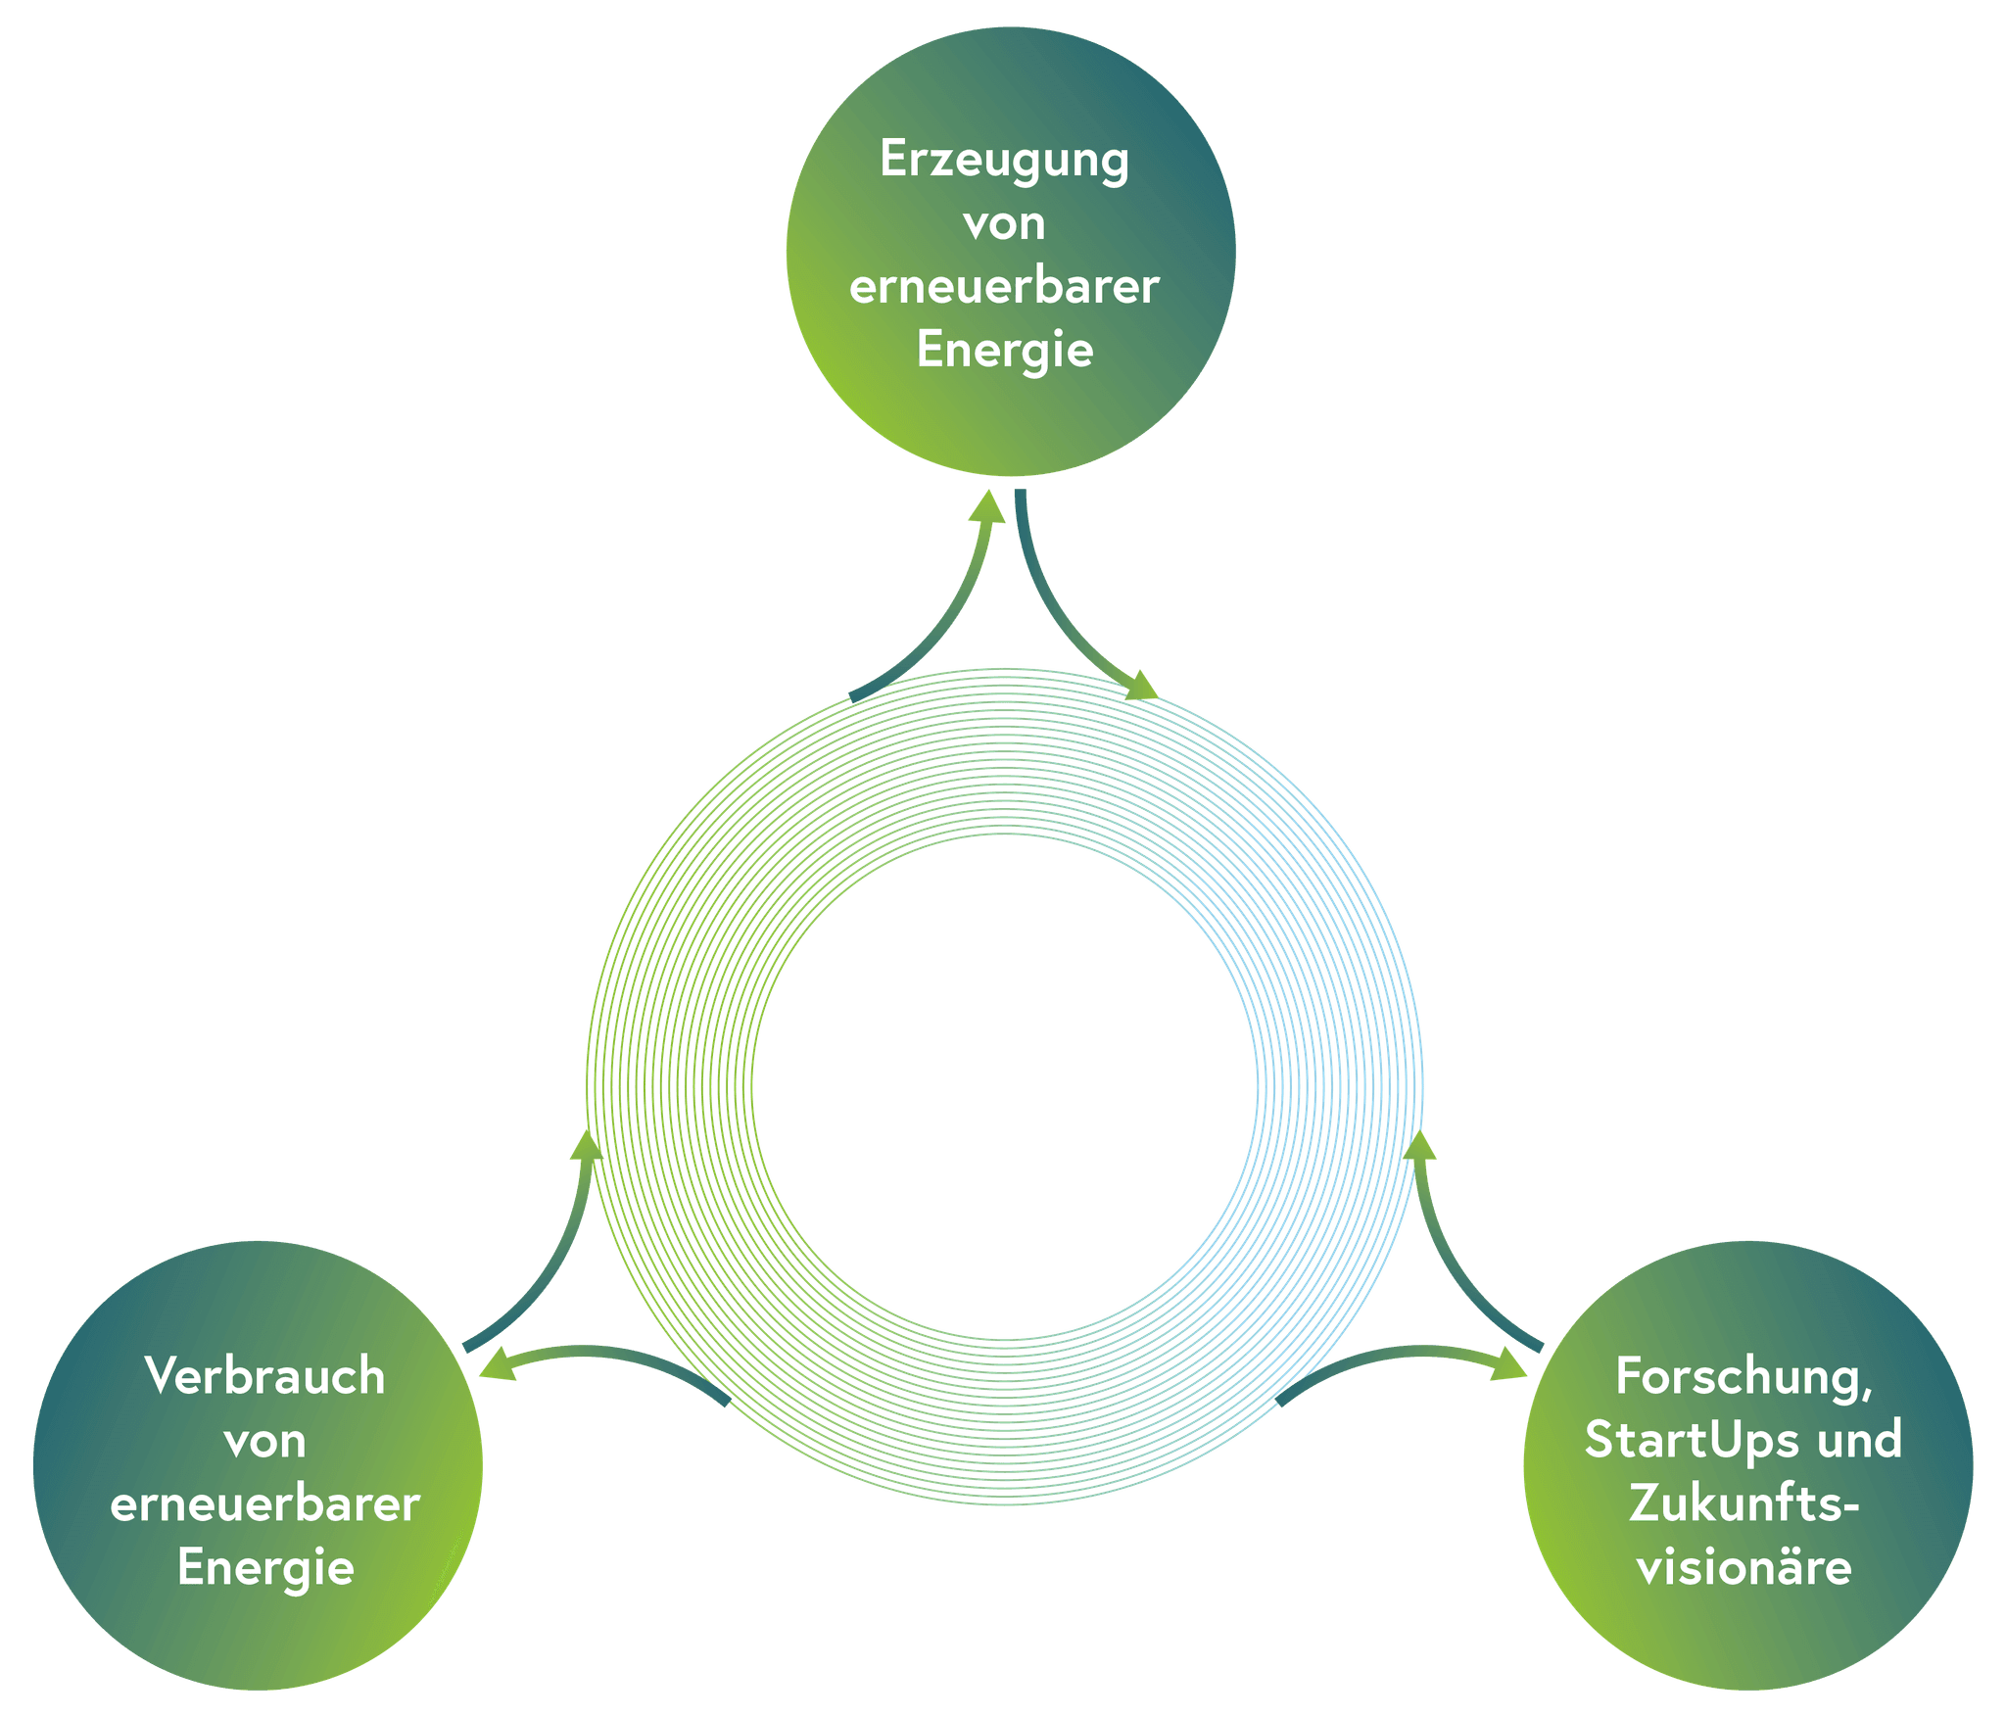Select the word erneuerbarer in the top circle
point(1004,288)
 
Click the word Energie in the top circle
point(1004,351)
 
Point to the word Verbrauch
point(264,1377)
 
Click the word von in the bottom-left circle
point(264,1441)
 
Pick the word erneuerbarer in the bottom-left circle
point(264,1504)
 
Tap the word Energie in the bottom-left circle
point(264,1568)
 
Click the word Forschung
point(1743,1377)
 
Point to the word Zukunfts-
point(1743,1504)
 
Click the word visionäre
point(1743,1568)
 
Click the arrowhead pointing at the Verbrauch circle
point(496,1367)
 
